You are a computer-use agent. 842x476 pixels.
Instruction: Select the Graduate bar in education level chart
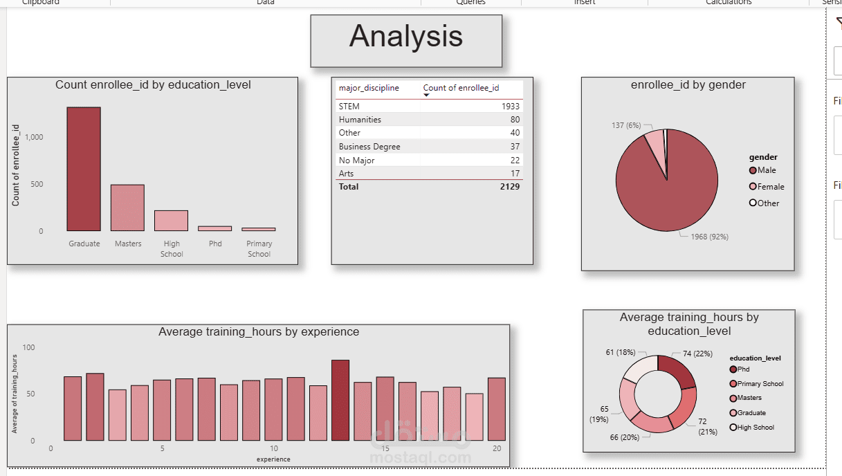click(x=84, y=169)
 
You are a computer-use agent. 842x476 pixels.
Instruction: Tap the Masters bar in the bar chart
click(x=127, y=208)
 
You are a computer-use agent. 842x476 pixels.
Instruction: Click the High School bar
click(x=171, y=221)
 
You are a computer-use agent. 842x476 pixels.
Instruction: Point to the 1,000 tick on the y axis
click(x=34, y=137)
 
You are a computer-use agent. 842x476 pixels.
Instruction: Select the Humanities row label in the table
click(x=360, y=120)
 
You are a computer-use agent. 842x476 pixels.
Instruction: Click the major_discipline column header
click(x=369, y=88)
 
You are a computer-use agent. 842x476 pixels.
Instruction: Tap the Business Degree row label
click(x=369, y=147)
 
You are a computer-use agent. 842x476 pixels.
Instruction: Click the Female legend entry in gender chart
click(x=770, y=187)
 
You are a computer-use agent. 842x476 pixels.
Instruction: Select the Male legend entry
click(x=766, y=170)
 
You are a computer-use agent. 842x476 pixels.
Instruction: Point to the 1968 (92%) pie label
click(x=709, y=237)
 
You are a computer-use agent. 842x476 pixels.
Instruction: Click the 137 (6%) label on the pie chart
click(x=626, y=125)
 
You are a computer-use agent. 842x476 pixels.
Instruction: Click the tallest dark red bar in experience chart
click(x=340, y=400)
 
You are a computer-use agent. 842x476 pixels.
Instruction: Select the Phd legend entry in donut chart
click(x=742, y=369)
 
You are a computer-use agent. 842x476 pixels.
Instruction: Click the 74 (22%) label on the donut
click(x=697, y=354)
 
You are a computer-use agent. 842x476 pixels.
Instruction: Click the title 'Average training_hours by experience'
click(x=259, y=332)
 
